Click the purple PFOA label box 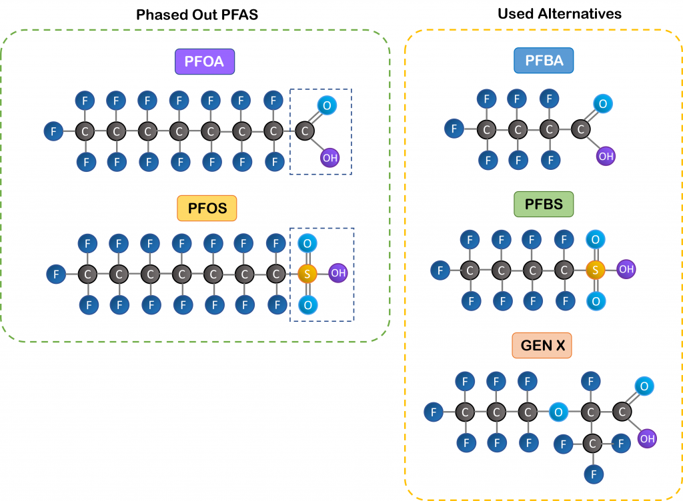click(205, 63)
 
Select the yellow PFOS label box click(207, 208)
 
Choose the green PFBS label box click(544, 204)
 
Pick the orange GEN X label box click(542, 346)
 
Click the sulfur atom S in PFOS click(307, 273)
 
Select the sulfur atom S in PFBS click(595, 270)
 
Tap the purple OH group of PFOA click(329, 158)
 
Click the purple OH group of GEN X click(646, 438)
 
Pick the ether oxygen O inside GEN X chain click(558, 412)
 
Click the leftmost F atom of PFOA click(53, 131)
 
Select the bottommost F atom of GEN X click(592, 474)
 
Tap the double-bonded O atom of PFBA click(603, 104)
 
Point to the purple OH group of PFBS click(626, 270)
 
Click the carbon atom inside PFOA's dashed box click(305, 131)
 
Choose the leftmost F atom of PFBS click(440, 270)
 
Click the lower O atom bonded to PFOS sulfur click(307, 304)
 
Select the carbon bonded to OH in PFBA click(581, 129)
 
